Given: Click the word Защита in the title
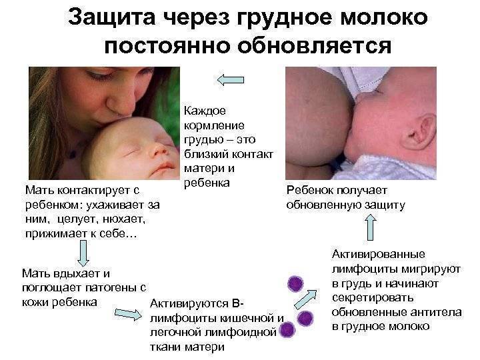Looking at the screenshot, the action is [111, 19].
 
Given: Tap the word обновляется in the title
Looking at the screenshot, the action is [315, 46].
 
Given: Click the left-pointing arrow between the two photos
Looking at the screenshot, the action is [231, 80].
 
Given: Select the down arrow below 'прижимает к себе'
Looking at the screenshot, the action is [83, 253].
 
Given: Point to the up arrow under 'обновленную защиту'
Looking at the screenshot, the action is [371, 227].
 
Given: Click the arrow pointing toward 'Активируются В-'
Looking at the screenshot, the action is [128, 314].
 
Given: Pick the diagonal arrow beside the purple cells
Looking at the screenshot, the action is [305, 299].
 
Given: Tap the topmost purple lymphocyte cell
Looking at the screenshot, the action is [295, 284].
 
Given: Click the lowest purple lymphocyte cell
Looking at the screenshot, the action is [287, 329].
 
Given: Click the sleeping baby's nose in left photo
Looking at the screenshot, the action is [159, 150].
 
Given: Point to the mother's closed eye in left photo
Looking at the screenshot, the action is [97, 75].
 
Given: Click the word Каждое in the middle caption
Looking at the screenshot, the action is [205, 111].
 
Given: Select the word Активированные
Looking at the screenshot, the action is [379, 254].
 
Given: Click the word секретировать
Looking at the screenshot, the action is [373, 297].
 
